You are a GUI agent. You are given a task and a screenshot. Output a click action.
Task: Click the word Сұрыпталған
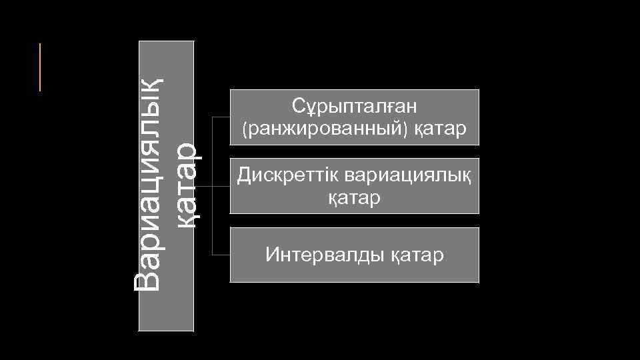354,106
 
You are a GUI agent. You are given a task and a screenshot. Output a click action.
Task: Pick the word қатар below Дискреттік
354,198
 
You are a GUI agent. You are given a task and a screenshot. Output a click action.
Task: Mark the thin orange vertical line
40,67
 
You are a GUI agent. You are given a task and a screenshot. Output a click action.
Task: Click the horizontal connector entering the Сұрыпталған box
221,117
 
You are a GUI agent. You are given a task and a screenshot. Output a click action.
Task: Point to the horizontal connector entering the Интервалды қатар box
221,255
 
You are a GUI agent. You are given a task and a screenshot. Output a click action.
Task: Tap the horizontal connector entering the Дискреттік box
221,186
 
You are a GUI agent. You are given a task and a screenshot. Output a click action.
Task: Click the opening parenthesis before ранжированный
245,129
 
